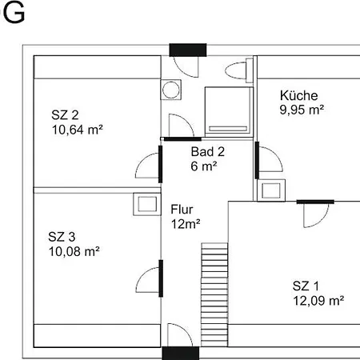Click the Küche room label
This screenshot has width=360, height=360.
pyautogui.click(x=298, y=95)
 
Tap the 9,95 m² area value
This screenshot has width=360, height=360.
pyautogui.click(x=302, y=110)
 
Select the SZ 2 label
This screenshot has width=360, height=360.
pyautogui.click(x=65, y=115)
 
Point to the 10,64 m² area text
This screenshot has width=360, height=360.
pyautogui.click(x=78, y=130)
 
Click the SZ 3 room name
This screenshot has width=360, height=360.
pyautogui.click(x=62, y=237)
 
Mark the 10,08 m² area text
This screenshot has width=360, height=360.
pyautogui.click(x=74, y=251)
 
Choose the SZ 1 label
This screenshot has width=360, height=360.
pyautogui.click(x=306, y=286)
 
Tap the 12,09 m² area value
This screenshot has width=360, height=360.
pyautogui.click(x=318, y=301)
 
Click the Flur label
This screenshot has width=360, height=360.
pyautogui.click(x=182, y=210)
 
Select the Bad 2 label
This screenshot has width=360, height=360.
pyautogui.click(x=208, y=152)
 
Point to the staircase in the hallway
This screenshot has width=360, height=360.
pyautogui.click(x=214, y=294)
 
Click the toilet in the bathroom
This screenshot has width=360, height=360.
pyautogui.click(x=239, y=70)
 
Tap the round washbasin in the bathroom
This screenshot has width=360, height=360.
pyautogui.click(x=171, y=90)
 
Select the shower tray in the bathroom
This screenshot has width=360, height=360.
pyautogui.click(x=229, y=111)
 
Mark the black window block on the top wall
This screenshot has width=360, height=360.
pyautogui.click(x=188, y=50)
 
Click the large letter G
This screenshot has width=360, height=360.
pyautogui.click(x=14, y=13)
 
